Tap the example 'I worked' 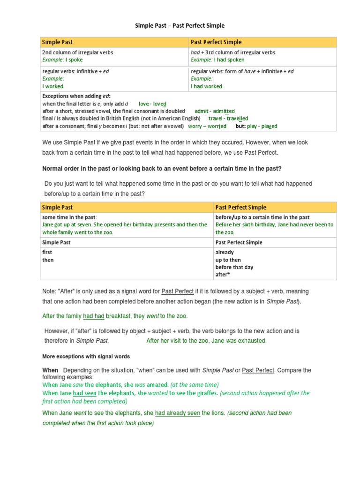point(53,86)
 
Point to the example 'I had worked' point(206,86)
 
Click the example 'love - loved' point(152,104)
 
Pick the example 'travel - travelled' point(228,119)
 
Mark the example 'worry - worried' point(207,126)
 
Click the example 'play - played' point(263,126)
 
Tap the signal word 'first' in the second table point(47,252)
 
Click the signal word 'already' point(225,252)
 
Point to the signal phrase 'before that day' point(234,267)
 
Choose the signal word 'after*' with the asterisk point(222,275)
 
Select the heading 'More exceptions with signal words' point(86,356)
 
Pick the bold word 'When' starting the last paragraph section point(50,370)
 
